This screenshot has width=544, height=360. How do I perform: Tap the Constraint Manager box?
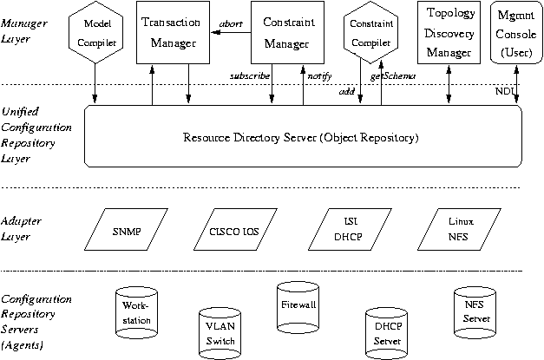click(x=286, y=31)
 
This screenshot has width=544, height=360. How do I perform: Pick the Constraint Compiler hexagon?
click(x=371, y=32)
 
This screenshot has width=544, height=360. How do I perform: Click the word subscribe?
click(x=250, y=76)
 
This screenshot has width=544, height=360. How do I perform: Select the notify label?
click(x=320, y=76)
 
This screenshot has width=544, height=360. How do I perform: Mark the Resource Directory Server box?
click(x=300, y=137)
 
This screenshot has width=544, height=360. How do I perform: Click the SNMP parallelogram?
click(x=127, y=232)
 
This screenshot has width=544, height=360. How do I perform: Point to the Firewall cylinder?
click(x=298, y=306)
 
